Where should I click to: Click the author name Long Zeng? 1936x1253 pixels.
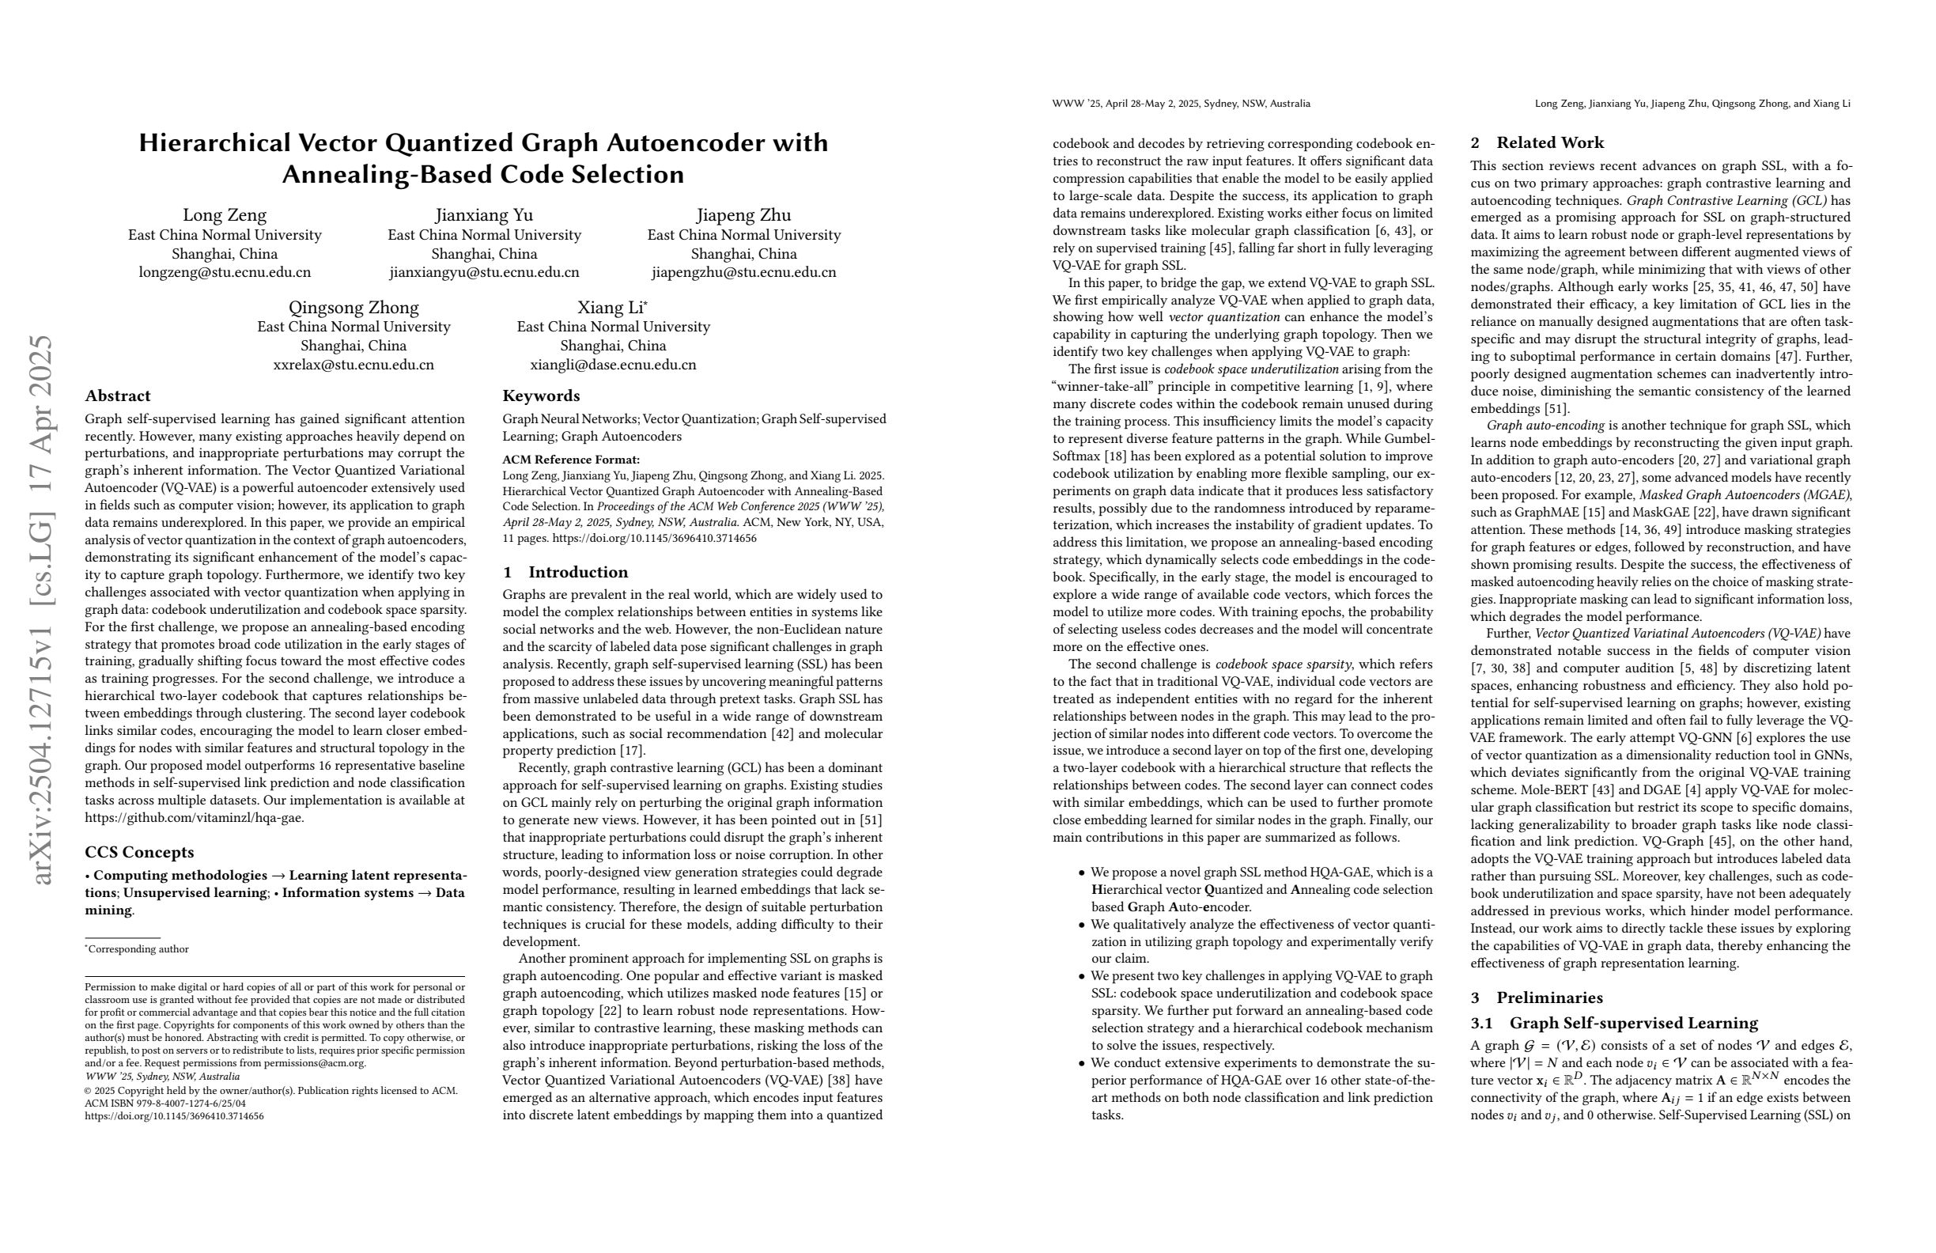click(x=225, y=215)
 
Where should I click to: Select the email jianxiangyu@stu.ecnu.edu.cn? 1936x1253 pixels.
click(x=484, y=273)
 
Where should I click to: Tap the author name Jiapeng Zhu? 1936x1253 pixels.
click(x=743, y=215)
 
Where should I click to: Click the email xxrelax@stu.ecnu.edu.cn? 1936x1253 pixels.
click(x=353, y=365)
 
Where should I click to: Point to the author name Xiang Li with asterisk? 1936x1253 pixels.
click(x=613, y=308)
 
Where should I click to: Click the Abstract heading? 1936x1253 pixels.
click(x=118, y=396)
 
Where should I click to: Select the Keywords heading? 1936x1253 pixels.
click(x=541, y=396)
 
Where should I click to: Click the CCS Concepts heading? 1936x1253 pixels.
click(x=139, y=852)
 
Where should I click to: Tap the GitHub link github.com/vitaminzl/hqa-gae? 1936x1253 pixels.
click(x=195, y=818)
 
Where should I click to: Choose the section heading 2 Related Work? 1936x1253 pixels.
click(x=1537, y=143)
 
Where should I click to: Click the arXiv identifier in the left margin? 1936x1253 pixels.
click(x=40, y=610)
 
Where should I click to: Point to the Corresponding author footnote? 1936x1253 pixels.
click(x=138, y=948)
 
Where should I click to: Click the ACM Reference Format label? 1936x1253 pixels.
click(x=571, y=460)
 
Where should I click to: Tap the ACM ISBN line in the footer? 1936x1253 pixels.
click(x=165, y=1103)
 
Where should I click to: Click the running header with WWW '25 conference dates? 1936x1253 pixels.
click(x=1181, y=104)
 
